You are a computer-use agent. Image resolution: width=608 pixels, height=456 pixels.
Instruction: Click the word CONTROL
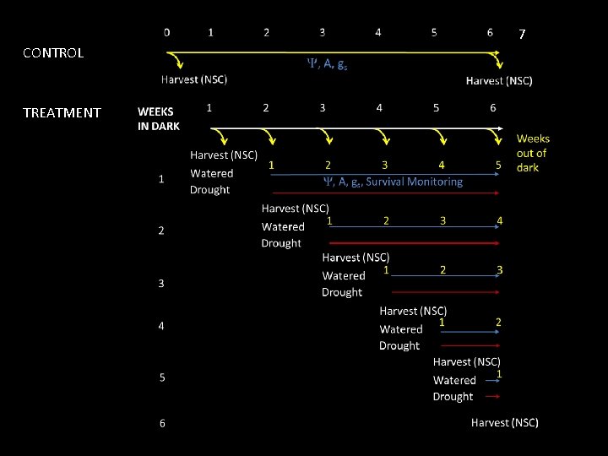pyautogui.click(x=53, y=52)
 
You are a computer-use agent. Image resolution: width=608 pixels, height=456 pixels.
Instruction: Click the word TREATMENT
pyautogui.click(x=62, y=112)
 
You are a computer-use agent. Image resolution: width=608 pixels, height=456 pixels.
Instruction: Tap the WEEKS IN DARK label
pyautogui.click(x=159, y=118)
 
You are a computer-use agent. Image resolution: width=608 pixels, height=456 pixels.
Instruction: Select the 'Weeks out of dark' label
pyautogui.click(x=533, y=153)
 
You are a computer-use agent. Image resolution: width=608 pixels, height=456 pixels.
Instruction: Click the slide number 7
pyautogui.click(x=522, y=35)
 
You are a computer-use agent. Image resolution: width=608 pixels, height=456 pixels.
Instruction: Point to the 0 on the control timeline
pyautogui.click(x=166, y=33)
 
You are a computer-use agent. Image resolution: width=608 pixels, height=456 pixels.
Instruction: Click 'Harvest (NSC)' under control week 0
pyautogui.click(x=194, y=80)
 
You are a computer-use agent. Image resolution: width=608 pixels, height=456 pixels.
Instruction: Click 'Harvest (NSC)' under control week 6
pyautogui.click(x=499, y=81)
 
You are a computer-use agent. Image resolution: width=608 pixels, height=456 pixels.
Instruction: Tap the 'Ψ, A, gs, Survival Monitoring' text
pyautogui.click(x=394, y=182)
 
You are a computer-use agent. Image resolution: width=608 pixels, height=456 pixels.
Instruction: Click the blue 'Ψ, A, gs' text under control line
pyautogui.click(x=326, y=63)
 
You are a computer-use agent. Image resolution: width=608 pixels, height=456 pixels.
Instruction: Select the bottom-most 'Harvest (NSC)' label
pyautogui.click(x=504, y=422)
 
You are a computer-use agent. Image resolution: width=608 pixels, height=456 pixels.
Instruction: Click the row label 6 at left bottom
pyautogui.click(x=162, y=422)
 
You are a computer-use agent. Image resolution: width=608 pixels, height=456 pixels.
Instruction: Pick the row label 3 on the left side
pyautogui.click(x=161, y=283)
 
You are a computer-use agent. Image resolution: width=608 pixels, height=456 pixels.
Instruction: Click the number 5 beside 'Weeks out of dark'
pyautogui.click(x=499, y=166)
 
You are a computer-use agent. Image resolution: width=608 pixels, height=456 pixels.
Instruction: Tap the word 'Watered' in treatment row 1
pyautogui.click(x=212, y=173)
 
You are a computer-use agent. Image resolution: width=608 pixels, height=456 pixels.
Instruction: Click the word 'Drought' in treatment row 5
pyautogui.click(x=453, y=396)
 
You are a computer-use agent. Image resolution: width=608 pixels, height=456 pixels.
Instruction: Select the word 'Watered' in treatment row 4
pyautogui.click(x=400, y=329)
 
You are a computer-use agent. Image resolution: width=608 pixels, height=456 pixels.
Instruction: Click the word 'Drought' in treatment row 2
pyautogui.click(x=281, y=243)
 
